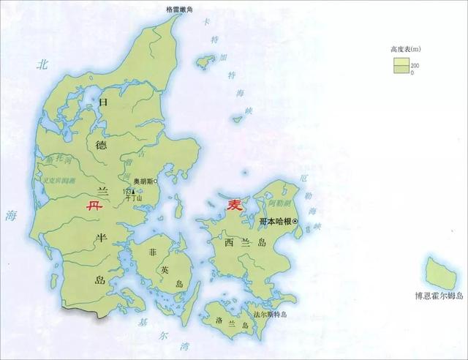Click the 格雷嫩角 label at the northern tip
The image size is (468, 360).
pyautogui.click(x=178, y=8)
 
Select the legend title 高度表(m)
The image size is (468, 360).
pyautogui.click(x=407, y=50)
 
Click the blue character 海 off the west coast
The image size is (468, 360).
pyautogui.click(x=10, y=215)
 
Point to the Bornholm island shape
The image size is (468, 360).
pyautogui.click(x=441, y=272)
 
